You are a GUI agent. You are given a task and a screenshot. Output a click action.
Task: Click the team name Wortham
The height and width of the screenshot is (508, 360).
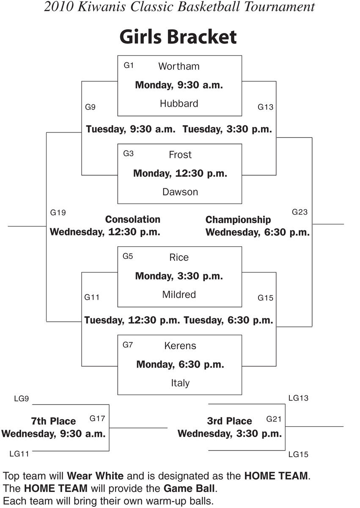point(179,66)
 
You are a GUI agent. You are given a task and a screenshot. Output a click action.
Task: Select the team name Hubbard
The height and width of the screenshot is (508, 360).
point(179,103)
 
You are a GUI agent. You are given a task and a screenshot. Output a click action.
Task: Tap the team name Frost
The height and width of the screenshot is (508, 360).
point(180,155)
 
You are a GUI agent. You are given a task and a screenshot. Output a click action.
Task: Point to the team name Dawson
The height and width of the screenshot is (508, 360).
point(180,192)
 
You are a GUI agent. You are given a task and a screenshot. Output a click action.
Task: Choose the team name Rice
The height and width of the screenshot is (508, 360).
point(179,257)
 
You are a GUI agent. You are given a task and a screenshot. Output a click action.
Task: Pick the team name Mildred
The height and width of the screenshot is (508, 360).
point(179,294)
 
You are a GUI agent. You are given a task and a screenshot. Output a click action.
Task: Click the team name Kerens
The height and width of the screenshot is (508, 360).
point(180,345)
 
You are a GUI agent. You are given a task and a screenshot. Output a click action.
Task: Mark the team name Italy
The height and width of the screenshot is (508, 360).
point(180,383)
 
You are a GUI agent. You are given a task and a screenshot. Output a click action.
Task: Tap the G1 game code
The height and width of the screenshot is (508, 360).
point(129,65)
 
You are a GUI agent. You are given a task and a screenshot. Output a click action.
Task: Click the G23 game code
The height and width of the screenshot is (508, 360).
point(300,212)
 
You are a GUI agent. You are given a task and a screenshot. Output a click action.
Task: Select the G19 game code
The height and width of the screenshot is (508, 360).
point(58,213)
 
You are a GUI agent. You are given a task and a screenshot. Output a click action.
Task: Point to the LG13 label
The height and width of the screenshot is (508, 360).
point(298,398)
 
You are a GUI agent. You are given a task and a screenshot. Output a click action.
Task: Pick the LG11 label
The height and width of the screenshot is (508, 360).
point(19,454)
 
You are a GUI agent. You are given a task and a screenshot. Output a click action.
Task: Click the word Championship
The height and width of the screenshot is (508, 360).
point(238,220)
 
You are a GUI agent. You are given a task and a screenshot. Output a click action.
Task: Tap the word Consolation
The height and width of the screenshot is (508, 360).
point(133,219)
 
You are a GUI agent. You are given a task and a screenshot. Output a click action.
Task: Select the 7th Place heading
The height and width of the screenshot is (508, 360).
point(53,421)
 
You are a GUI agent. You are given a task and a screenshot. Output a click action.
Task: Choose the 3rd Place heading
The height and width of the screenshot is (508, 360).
point(229,421)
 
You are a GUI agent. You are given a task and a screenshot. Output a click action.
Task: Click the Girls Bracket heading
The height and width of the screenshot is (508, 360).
point(178,37)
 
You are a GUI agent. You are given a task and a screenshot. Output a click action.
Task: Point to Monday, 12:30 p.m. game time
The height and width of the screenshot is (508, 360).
point(180,173)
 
